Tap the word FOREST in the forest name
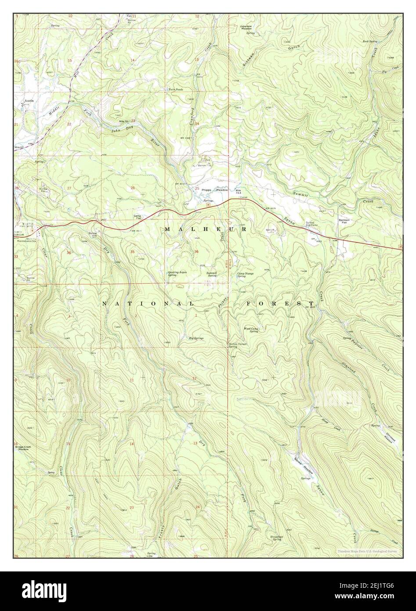tap(286, 304)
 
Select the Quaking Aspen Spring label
tap(177, 273)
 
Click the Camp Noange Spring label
tap(246, 275)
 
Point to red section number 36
tap(196, 251)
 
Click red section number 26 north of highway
tap(132, 188)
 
